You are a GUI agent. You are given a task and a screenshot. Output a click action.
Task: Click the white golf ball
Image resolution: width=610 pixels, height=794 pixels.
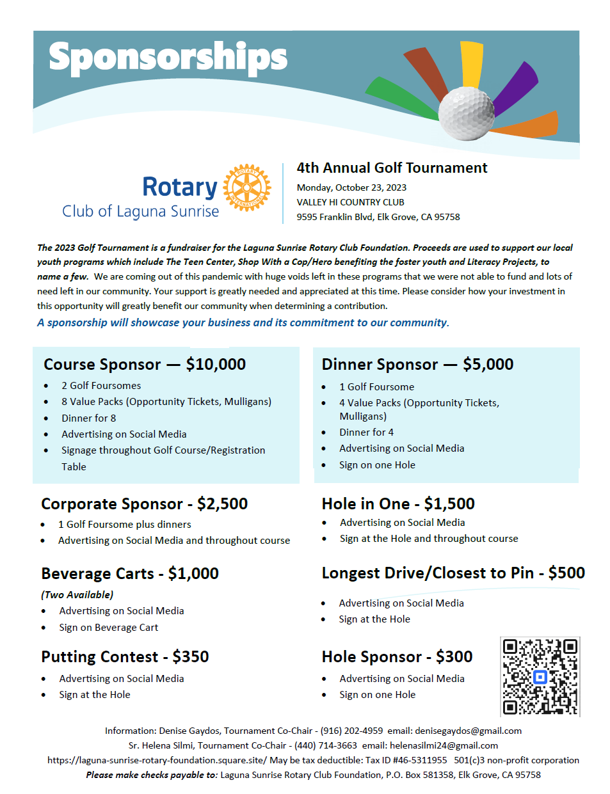pyautogui.click(x=466, y=113)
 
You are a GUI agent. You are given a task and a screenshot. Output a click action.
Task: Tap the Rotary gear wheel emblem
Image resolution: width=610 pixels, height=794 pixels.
pyautogui.click(x=247, y=187)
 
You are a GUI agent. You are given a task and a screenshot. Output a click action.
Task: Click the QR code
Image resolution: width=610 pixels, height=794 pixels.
pyautogui.click(x=540, y=676)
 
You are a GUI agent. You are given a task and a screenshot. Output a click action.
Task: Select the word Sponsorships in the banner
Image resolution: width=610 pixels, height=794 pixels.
pyautogui.click(x=168, y=58)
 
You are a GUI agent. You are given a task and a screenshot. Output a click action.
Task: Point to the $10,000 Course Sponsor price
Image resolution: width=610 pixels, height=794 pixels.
pyautogui.click(x=216, y=365)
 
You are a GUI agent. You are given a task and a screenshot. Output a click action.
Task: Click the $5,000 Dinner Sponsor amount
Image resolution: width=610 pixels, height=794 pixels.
pyautogui.click(x=488, y=365)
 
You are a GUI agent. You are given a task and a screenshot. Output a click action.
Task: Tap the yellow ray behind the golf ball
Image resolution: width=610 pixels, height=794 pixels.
pyautogui.click(x=472, y=64)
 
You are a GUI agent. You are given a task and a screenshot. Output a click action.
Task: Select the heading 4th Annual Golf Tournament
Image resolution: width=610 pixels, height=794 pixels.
pyautogui.click(x=392, y=168)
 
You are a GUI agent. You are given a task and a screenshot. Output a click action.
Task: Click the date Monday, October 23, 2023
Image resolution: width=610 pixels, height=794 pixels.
pyautogui.click(x=351, y=187)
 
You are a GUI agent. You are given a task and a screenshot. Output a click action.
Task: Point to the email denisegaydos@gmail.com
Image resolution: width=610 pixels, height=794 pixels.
pyautogui.click(x=468, y=731)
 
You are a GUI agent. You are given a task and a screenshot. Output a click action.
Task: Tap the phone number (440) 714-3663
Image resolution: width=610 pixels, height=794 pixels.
pyautogui.click(x=326, y=745)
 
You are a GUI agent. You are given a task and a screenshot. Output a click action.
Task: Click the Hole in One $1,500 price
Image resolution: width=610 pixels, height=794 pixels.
pyautogui.click(x=449, y=504)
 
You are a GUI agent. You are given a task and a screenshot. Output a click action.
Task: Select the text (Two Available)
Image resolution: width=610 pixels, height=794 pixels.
pyautogui.click(x=77, y=595)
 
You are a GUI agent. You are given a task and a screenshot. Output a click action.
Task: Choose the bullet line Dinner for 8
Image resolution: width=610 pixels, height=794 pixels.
pyautogui.click(x=88, y=418)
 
